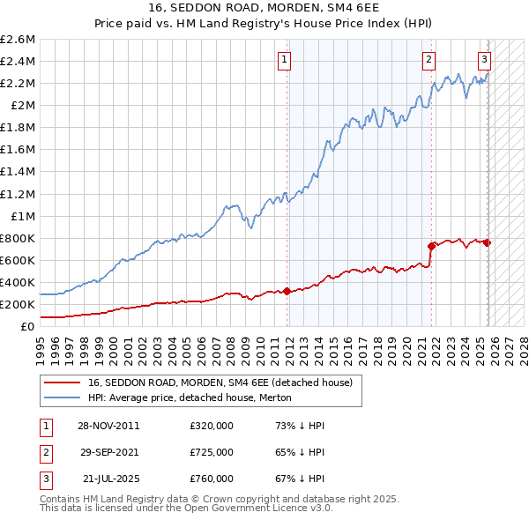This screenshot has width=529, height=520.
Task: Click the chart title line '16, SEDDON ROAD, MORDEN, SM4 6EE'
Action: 264,9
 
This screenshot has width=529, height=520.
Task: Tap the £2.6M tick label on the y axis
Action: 18,40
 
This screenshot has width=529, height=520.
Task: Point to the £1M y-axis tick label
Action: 22,216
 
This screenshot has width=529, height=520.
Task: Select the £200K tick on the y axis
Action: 18,304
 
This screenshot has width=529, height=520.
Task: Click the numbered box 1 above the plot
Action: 285,60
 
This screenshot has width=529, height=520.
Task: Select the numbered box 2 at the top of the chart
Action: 428,60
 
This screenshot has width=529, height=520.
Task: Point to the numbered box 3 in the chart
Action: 484,60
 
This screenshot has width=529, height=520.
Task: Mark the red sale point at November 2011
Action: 287,291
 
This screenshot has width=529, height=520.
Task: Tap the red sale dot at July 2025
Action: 488,242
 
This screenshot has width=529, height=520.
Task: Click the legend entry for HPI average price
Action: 195,397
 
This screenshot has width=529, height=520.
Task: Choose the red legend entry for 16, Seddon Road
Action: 220,383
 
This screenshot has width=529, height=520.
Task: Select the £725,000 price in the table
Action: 212,452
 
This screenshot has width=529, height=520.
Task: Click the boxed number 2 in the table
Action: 45,452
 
